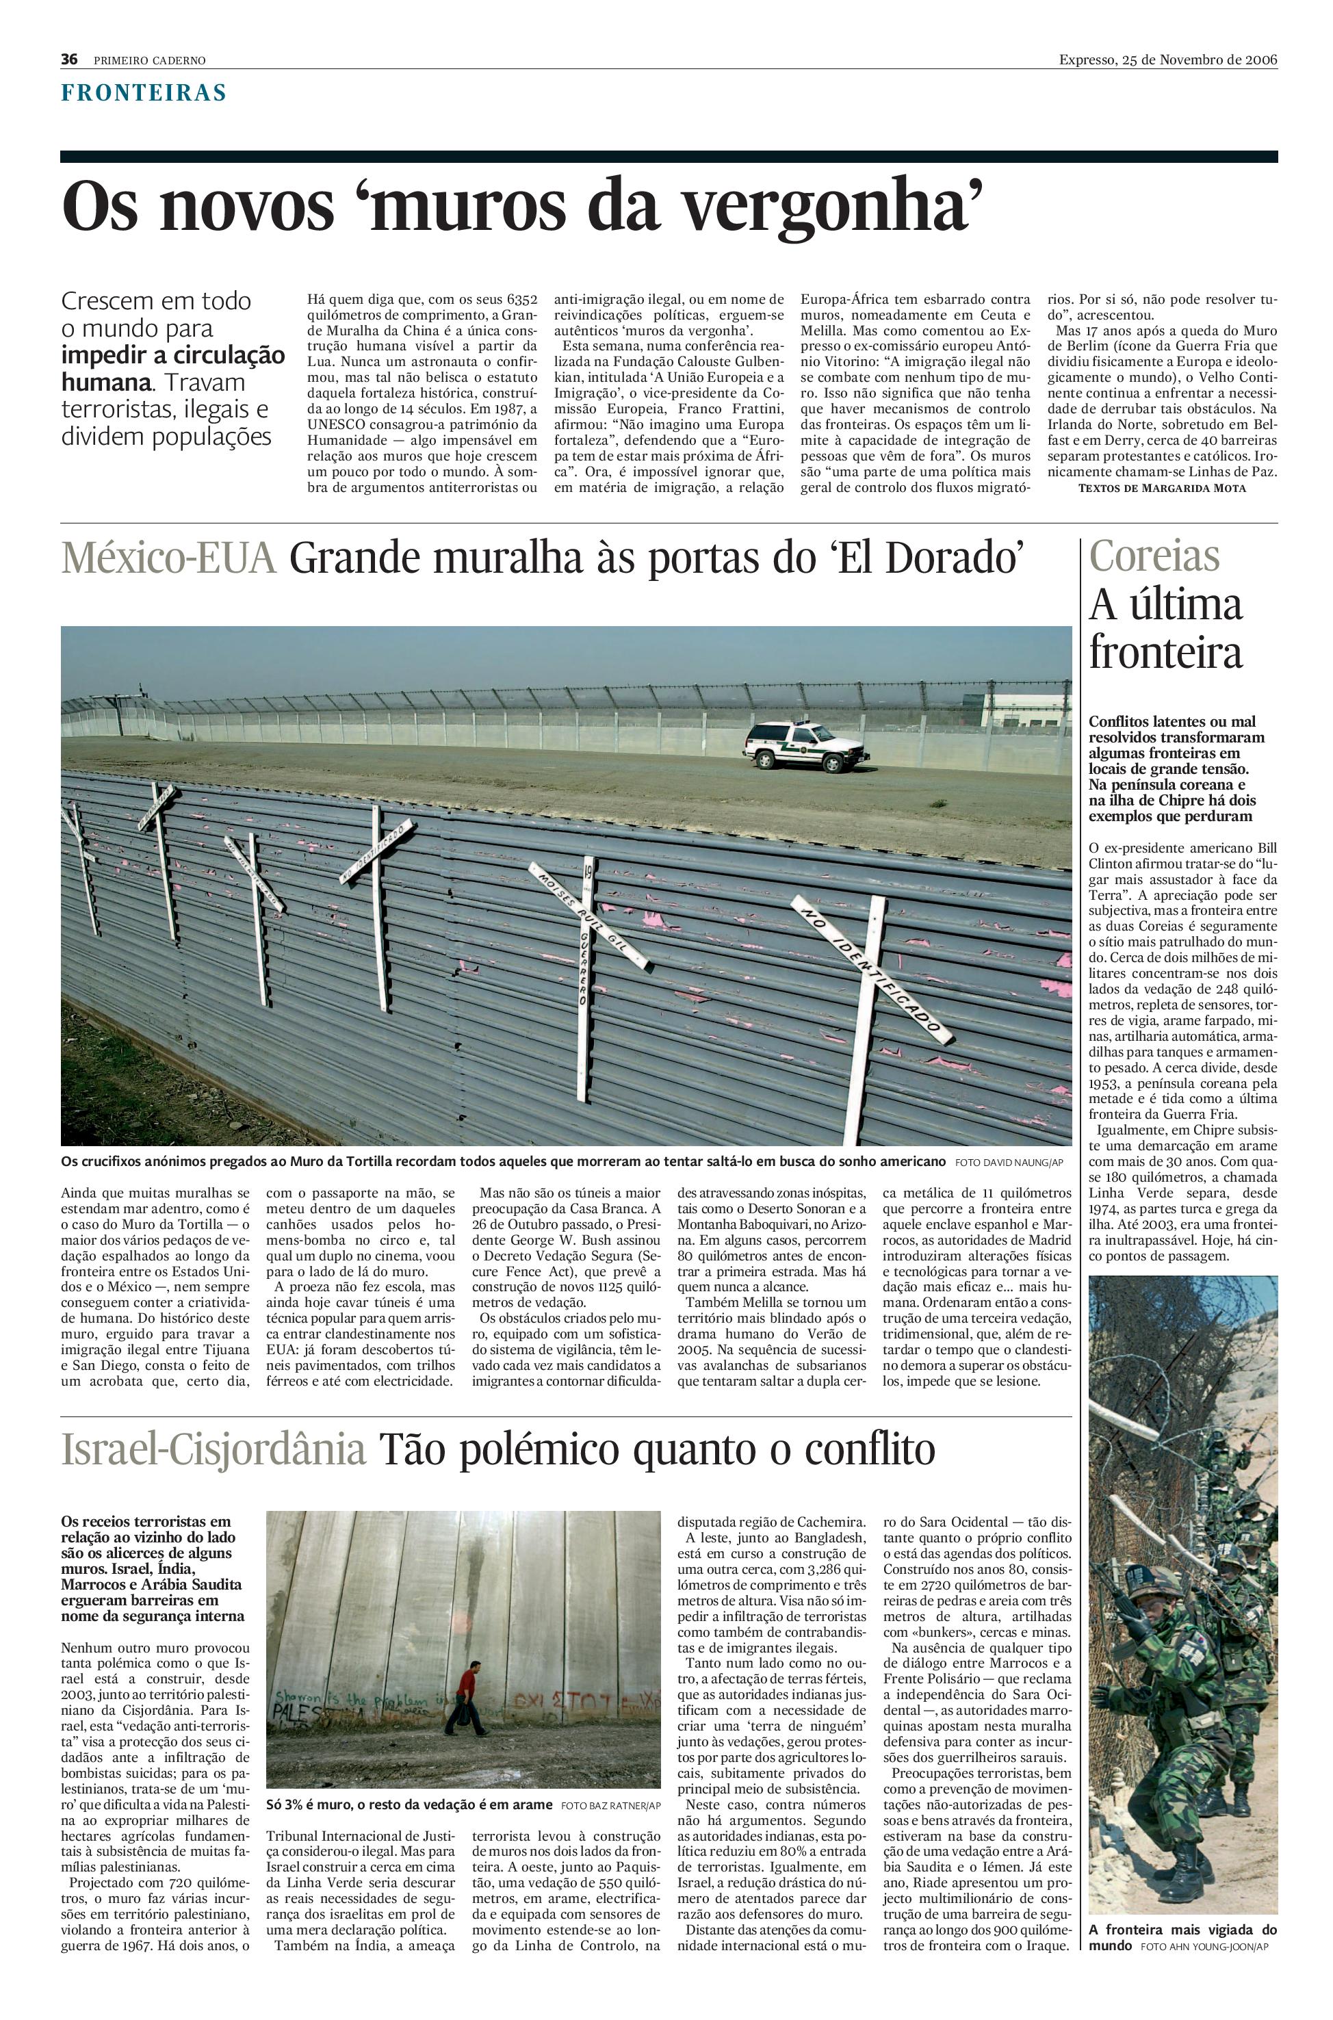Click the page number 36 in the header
pos(69,60)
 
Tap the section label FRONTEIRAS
pos(143,92)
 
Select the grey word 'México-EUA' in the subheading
pos(168,560)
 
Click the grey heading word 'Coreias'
pos(1154,557)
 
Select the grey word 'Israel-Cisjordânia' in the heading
pos(213,1451)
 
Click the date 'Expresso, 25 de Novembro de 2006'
pos(1167,60)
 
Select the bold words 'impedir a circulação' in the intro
pos(172,355)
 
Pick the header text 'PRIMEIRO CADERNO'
pos(150,60)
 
